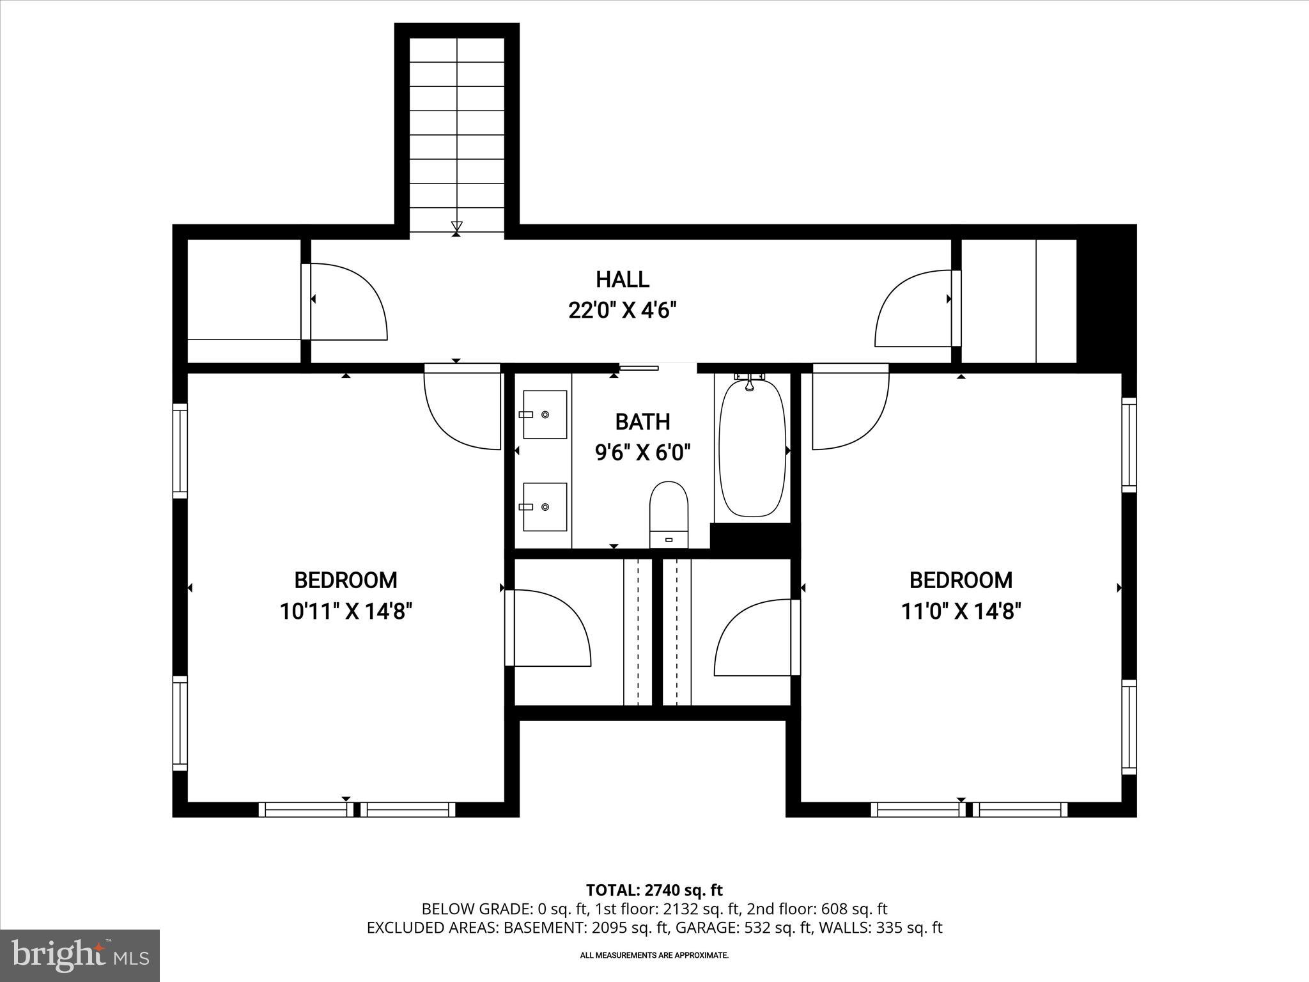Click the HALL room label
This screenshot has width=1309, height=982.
point(622,279)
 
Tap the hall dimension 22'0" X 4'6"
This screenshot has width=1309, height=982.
point(622,311)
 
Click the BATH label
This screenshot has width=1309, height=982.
point(642,422)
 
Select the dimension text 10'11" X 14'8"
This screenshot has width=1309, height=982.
point(345,612)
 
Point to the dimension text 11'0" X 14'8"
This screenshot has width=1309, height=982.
point(961,612)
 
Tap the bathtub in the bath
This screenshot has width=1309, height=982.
point(752,448)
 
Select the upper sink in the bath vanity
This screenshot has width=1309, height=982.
point(545,414)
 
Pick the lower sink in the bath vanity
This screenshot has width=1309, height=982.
point(545,506)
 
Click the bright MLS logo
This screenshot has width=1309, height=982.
point(80,955)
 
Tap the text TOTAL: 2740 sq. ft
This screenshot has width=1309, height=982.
point(654,890)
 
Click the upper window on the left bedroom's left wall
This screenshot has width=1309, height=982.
point(180,451)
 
